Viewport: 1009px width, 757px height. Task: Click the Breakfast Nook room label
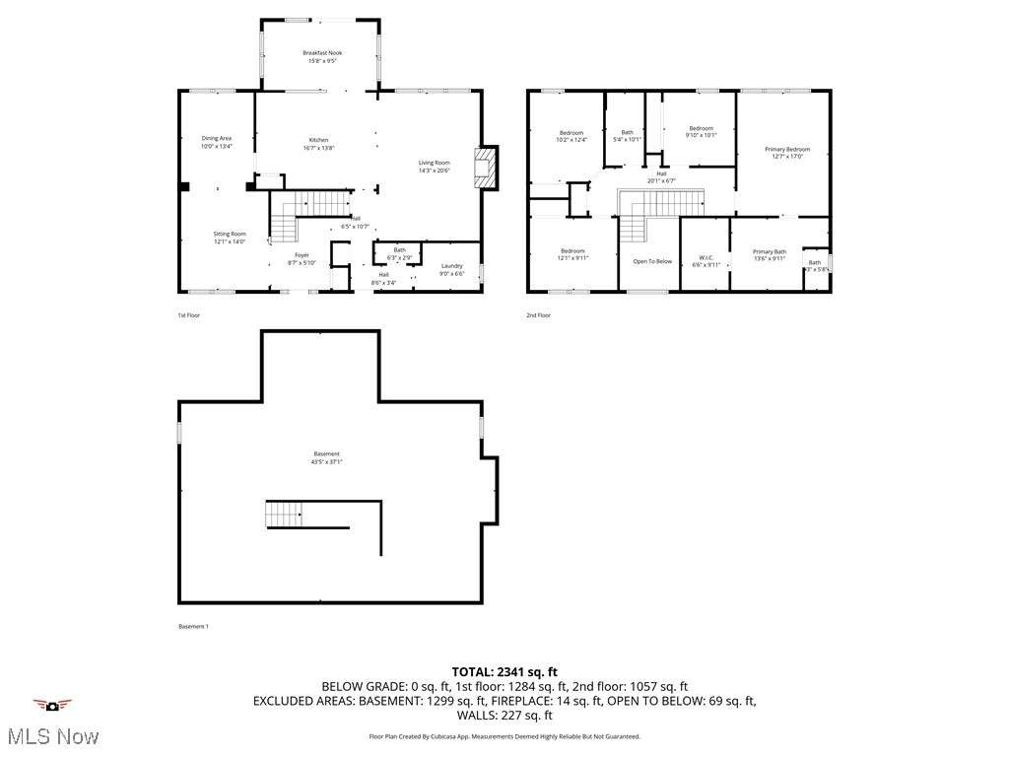coord(320,52)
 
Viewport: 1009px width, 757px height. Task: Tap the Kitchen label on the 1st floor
coord(318,140)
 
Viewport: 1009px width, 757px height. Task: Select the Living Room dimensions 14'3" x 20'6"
coord(434,171)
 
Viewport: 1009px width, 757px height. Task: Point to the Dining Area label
coord(217,138)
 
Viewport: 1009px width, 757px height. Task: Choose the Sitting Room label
coord(230,234)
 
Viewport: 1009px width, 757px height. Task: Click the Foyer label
coord(302,254)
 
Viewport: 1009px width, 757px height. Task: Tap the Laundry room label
coord(452,265)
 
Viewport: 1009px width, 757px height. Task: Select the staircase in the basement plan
coord(285,514)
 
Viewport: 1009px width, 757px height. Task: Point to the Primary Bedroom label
coord(787,149)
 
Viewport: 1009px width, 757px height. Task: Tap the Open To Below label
coord(652,261)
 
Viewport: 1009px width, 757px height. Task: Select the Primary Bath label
coord(770,251)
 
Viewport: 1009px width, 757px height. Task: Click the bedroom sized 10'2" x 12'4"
coord(572,133)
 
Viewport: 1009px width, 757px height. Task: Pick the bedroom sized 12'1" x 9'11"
coord(573,250)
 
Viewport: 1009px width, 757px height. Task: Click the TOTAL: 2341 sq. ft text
coord(504,671)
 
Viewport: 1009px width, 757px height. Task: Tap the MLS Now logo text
coord(52,736)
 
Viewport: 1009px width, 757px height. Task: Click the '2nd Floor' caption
coord(538,315)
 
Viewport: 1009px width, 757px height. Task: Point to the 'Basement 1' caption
coord(193,627)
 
